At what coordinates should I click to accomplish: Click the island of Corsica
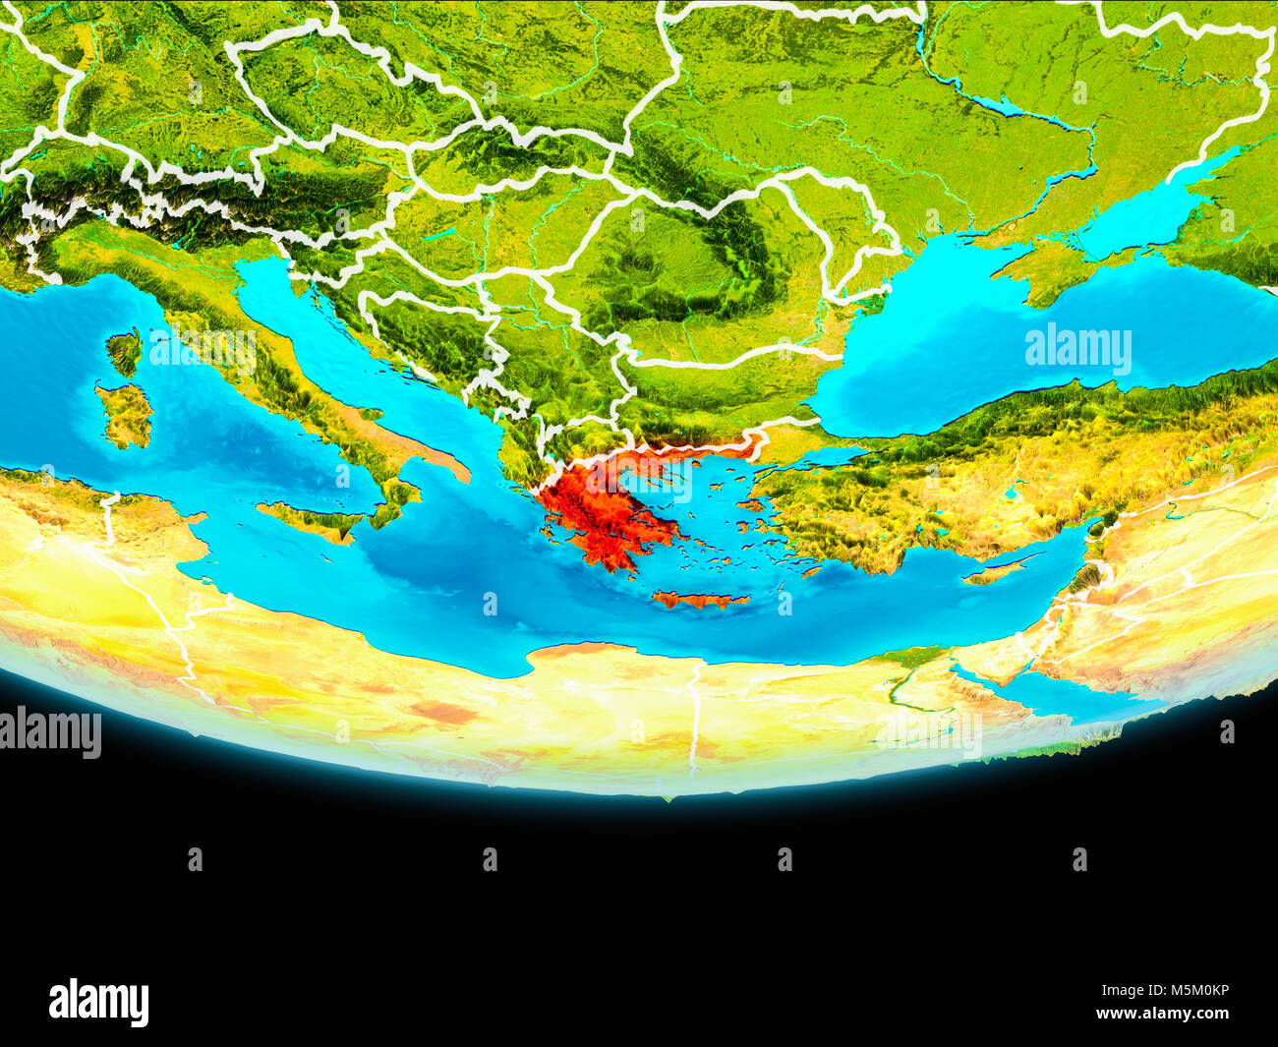(x=125, y=353)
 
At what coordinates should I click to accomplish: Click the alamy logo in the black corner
(x=98, y=1003)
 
